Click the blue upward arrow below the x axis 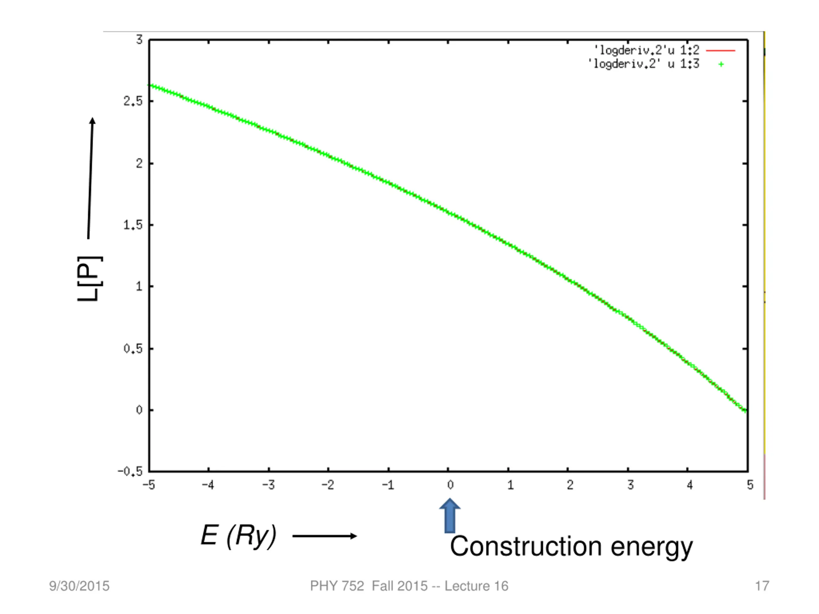(x=449, y=516)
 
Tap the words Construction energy (x=571, y=546)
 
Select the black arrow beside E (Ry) (x=324, y=536)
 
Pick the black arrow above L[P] (x=91, y=178)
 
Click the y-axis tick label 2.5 (x=133, y=101)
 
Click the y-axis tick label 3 (x=139, y=40)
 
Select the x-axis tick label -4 (x=208, y=485)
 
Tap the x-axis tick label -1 (x=388, y=485)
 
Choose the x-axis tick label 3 (x=630, y=485)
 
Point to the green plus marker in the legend (x=721, y=64)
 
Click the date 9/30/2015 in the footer (x=79, y=586)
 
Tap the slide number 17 (x=762, y=586)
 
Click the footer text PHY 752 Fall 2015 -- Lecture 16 (x=409, y=586)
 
